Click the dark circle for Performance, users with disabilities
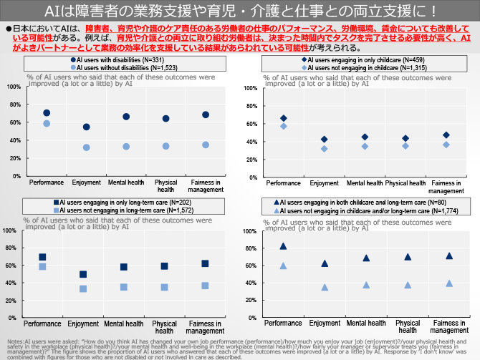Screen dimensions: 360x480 [x=47, y=113]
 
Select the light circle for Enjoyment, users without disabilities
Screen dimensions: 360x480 [x=86, y=147]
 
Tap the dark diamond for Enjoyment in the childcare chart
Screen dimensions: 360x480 [x=324, y=140]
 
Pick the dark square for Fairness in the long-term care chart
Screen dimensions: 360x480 [x=205, y=263]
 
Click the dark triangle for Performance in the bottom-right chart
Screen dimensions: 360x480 [x=283, y=246]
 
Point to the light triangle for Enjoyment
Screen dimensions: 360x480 [x=325, y=288]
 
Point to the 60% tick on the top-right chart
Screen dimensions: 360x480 [x=250, y=124]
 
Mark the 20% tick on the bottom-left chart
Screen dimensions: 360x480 [x=10, y=300]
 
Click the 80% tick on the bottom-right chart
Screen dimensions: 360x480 [x=250, y=248]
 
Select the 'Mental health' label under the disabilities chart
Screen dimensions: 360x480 [x=125, y=183]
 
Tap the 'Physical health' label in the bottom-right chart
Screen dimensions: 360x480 [x=408, y=327]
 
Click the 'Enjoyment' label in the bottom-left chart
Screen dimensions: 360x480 [x=83, y=323]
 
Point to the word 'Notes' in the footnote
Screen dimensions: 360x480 [x=14, y=341]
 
